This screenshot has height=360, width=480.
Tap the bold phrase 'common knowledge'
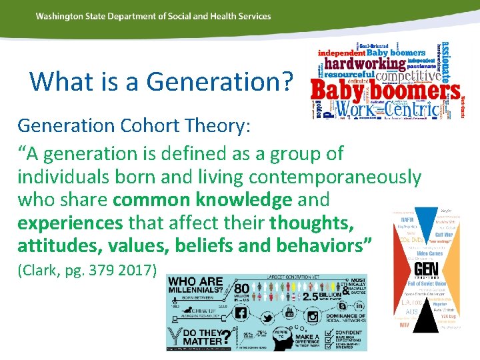pyautogui.click(x=202, y=199)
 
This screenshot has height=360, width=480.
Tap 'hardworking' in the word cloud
pyautogui.click(x=365, y=65)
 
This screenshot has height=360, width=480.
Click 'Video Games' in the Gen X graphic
pyautogui.click(x=431, y=253)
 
